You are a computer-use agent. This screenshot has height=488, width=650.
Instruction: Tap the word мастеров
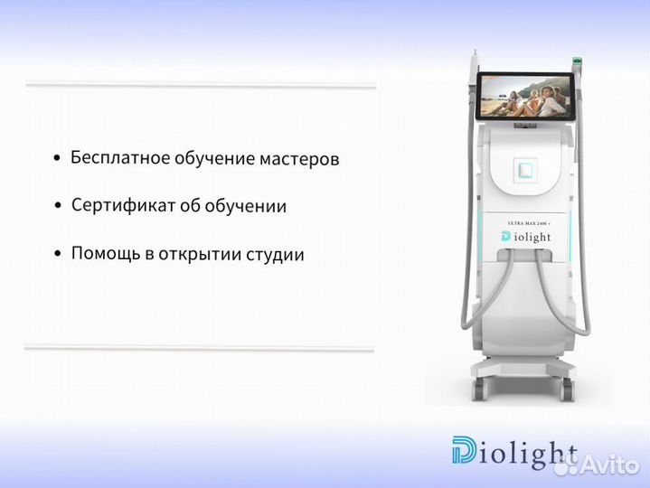298,159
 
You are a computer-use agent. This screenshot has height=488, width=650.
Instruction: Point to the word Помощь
102,254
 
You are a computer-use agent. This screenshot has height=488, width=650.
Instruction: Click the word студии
275,255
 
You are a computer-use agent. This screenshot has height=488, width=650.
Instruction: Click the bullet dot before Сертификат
59,206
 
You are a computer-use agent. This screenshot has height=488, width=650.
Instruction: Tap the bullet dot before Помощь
59,254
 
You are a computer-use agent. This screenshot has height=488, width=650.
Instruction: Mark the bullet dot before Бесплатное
58,158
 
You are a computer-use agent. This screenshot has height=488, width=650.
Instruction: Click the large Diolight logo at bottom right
514,455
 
